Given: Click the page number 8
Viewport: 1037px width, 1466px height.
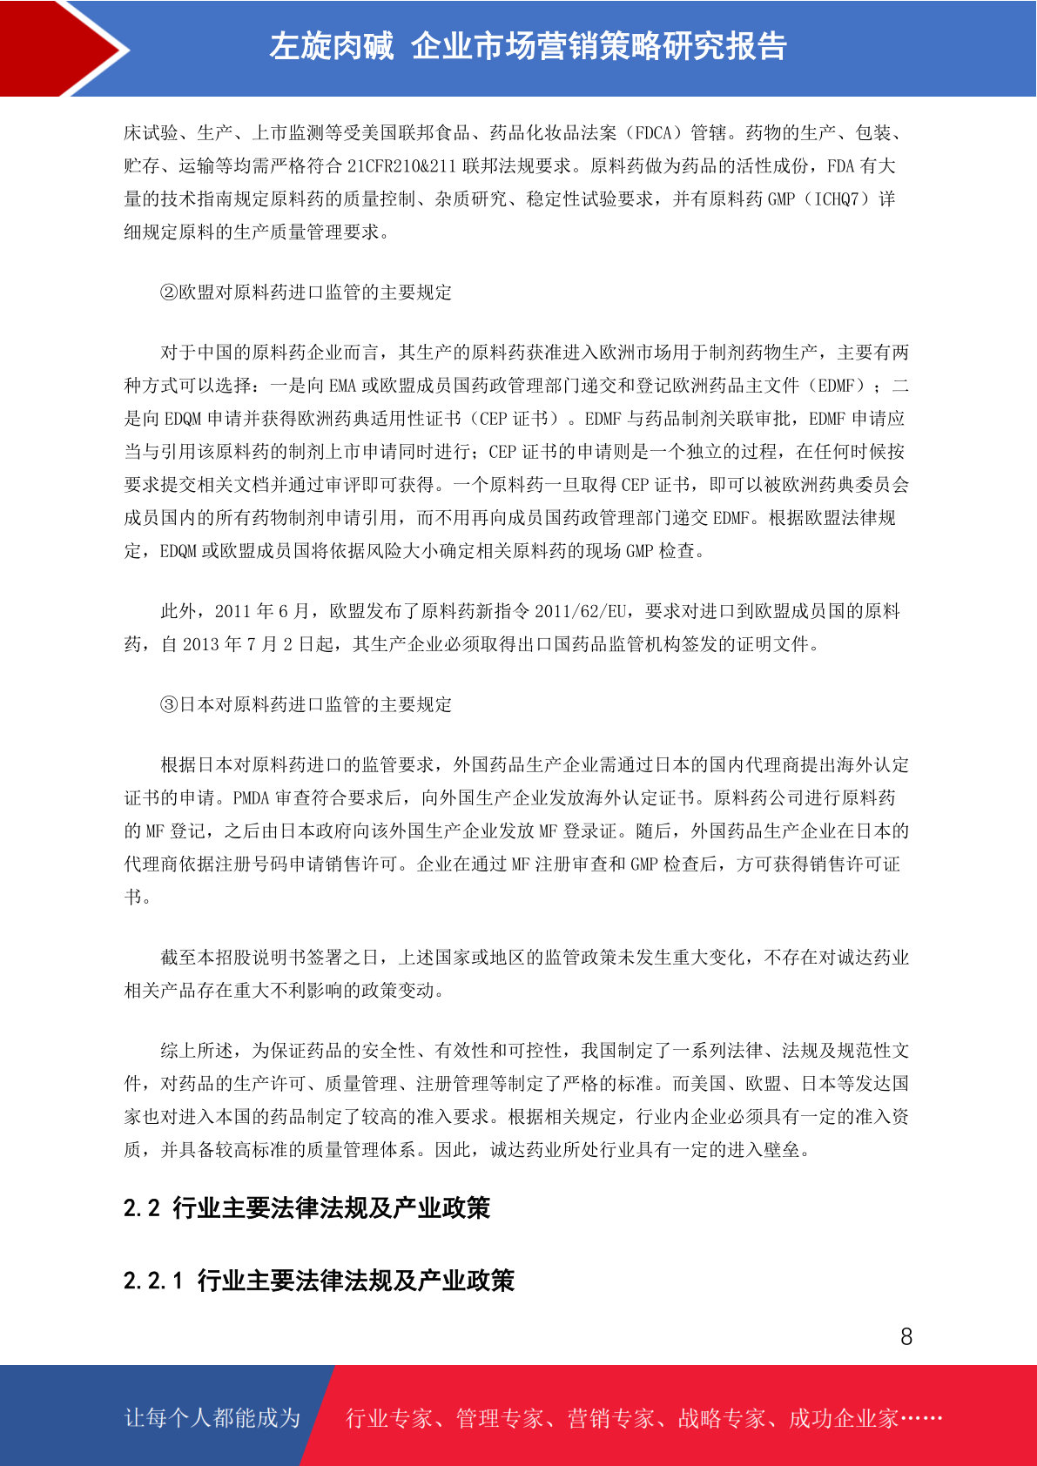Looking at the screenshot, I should [906, 1337].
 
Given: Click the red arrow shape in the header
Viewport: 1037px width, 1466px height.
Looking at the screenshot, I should [52, 48].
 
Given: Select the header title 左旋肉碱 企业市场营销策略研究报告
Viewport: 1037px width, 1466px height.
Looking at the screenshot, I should [528, 46].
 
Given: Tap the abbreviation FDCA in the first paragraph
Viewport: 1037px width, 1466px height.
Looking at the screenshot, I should [654, 133].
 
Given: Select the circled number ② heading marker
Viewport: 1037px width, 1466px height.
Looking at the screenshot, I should [169, 293].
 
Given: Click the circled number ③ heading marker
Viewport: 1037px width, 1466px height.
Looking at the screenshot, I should [169, 704].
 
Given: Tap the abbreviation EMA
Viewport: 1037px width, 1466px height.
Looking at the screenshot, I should [342, 386].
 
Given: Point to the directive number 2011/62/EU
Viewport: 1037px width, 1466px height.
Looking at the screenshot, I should [580, 611].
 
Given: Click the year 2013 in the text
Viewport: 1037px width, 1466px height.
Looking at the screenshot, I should [200, 644].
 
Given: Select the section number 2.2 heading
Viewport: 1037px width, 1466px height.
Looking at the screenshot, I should [142, 1208].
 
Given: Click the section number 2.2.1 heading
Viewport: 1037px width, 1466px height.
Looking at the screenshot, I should [153, 1281].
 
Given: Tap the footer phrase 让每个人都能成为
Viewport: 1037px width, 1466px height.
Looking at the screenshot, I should [212, 1418].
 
